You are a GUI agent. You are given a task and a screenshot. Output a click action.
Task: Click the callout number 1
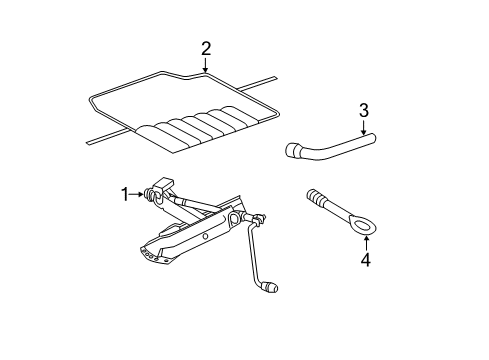125,194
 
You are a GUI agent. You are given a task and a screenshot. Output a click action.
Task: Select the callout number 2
206,49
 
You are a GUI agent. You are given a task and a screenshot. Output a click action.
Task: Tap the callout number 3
364,110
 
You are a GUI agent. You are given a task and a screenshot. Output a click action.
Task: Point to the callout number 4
366,260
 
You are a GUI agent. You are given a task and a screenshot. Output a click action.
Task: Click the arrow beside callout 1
137,194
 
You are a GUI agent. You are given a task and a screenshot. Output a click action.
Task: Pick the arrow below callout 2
206,65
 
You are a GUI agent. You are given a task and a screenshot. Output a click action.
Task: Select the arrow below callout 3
363,127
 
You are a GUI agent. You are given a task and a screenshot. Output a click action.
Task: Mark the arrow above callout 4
366,243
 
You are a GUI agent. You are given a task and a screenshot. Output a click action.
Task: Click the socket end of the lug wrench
292,150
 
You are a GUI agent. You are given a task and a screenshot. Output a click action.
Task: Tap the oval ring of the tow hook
365,226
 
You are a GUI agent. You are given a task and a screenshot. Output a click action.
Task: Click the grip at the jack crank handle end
271,287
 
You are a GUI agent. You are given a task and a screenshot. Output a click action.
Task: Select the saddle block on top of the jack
163,184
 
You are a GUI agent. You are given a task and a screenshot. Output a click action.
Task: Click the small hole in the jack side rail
206,236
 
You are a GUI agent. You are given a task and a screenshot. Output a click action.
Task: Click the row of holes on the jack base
149,254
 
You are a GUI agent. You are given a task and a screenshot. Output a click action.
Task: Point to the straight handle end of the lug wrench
370,137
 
